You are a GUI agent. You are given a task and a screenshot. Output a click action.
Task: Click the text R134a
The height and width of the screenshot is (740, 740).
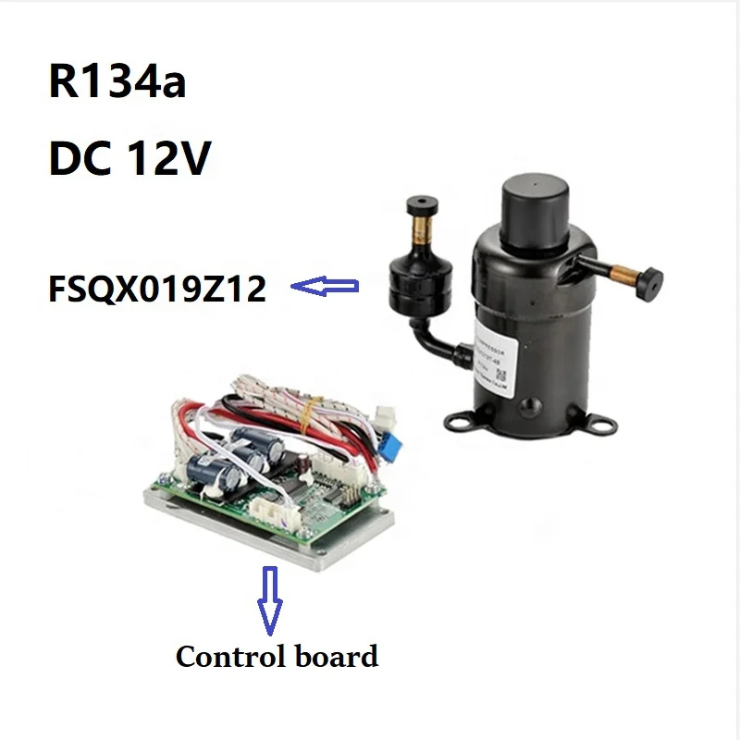117,82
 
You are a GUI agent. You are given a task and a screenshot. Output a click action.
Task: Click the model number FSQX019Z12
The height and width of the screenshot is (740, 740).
157,290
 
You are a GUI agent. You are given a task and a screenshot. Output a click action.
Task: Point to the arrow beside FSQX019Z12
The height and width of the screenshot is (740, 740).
325,289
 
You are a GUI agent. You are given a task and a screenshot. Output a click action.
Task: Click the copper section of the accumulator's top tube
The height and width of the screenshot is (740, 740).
421,228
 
